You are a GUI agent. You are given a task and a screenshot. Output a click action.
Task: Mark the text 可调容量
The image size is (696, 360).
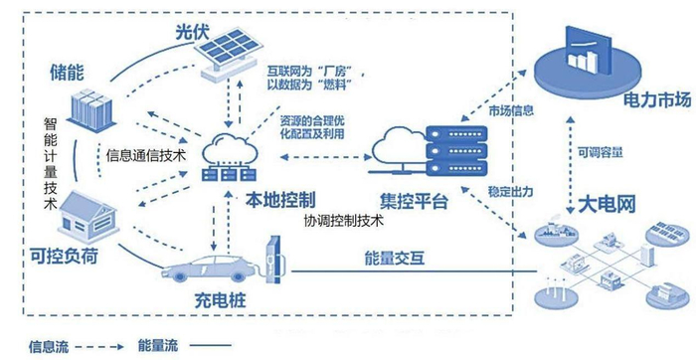click(601, 152)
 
